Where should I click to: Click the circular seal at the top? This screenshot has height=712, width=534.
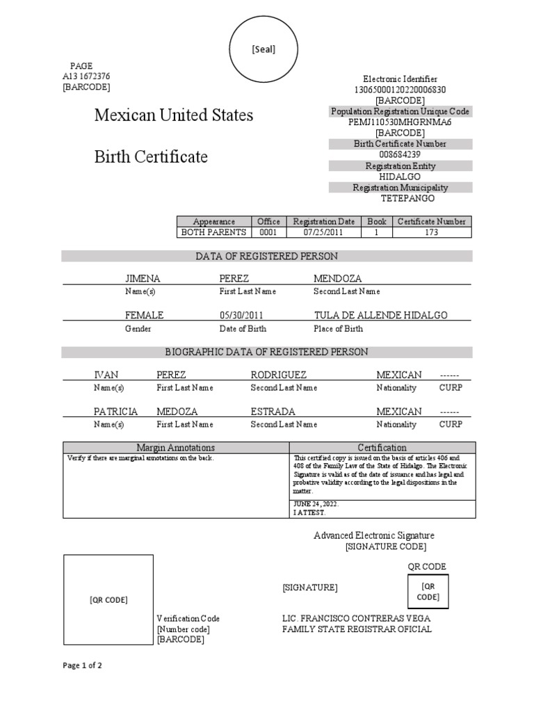coord(264,49)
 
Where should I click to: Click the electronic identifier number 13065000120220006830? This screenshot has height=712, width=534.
coord(400,90)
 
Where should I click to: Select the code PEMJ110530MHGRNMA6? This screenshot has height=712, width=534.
coord(400,122)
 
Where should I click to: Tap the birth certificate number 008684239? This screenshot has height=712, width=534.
coord(400,154)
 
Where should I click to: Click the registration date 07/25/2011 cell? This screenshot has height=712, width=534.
coord(323,232)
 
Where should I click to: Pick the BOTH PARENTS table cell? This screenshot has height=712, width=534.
coord(213,232)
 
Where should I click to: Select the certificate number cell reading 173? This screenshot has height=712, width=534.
coord(431,232)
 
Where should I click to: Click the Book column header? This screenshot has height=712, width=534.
coord(377,222)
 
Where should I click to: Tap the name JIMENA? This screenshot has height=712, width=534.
coord(143,278)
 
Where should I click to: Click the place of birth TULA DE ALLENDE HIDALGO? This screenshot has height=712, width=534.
coord(380,315)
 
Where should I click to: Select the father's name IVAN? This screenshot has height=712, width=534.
coord(106,375)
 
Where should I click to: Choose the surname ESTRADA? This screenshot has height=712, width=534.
coord(273,412)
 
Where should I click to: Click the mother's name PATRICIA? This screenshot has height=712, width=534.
coord(116,412)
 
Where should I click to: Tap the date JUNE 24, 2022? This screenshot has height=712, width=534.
coord(316,503)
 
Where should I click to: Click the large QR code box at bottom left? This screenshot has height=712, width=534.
coord(108,599)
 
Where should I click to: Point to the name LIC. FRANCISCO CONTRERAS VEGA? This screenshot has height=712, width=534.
coord(356,618)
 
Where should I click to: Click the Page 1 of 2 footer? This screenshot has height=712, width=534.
coord(83,665)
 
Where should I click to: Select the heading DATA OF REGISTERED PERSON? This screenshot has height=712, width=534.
coord(266,257)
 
